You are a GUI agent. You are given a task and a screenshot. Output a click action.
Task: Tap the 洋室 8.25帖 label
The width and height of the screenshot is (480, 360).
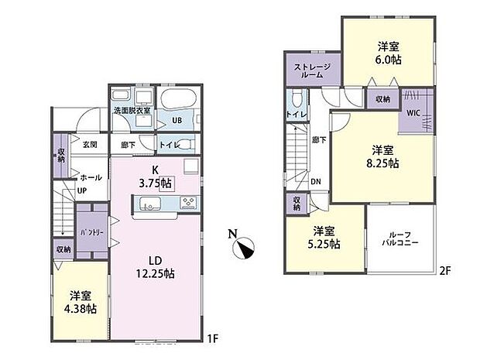(384, 156)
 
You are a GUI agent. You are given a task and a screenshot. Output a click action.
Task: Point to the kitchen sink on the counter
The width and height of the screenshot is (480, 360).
(150, 204)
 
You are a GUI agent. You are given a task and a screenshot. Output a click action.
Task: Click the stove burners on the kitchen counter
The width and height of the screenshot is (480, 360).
(187, 204)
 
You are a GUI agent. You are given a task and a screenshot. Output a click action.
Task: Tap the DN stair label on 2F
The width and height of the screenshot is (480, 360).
(316, 182)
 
